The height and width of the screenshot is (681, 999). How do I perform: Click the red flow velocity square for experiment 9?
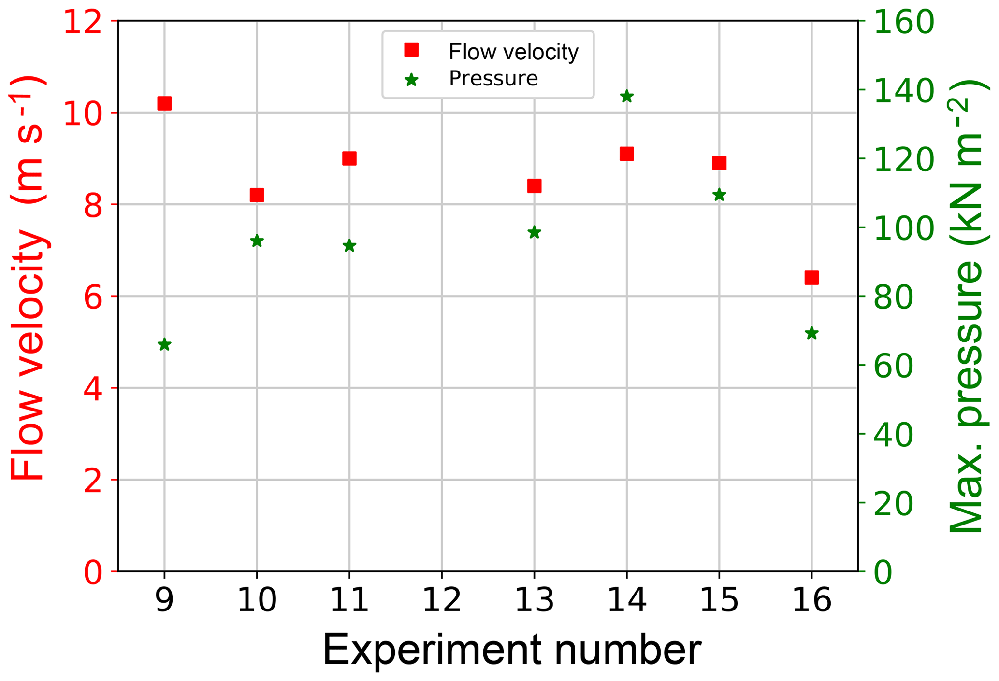click(x=164, y=103)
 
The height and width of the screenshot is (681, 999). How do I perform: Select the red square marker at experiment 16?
click(x=811, y=278)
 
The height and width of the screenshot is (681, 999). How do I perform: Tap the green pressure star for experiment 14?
click(x=627, y=96)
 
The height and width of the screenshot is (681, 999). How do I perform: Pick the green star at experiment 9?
click(x=164, y=344)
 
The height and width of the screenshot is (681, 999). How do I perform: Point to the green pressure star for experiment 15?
click(x=719, y=195)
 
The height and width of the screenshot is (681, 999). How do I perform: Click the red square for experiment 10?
click(x=257, y=195)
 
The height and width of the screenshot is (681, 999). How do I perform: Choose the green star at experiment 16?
click(x=811, y=333)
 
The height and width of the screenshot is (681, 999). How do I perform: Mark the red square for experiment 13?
click(x=534, y=186)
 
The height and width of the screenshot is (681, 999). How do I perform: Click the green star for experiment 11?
click(x=349, y=246)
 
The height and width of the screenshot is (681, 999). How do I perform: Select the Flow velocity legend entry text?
click(x=513, y=52)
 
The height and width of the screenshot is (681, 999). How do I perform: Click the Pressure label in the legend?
click(x=493, y=78)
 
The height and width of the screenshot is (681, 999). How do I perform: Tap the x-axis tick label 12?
click(x=442, y=600)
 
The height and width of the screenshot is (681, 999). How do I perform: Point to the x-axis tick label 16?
click(x=811, y=600)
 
